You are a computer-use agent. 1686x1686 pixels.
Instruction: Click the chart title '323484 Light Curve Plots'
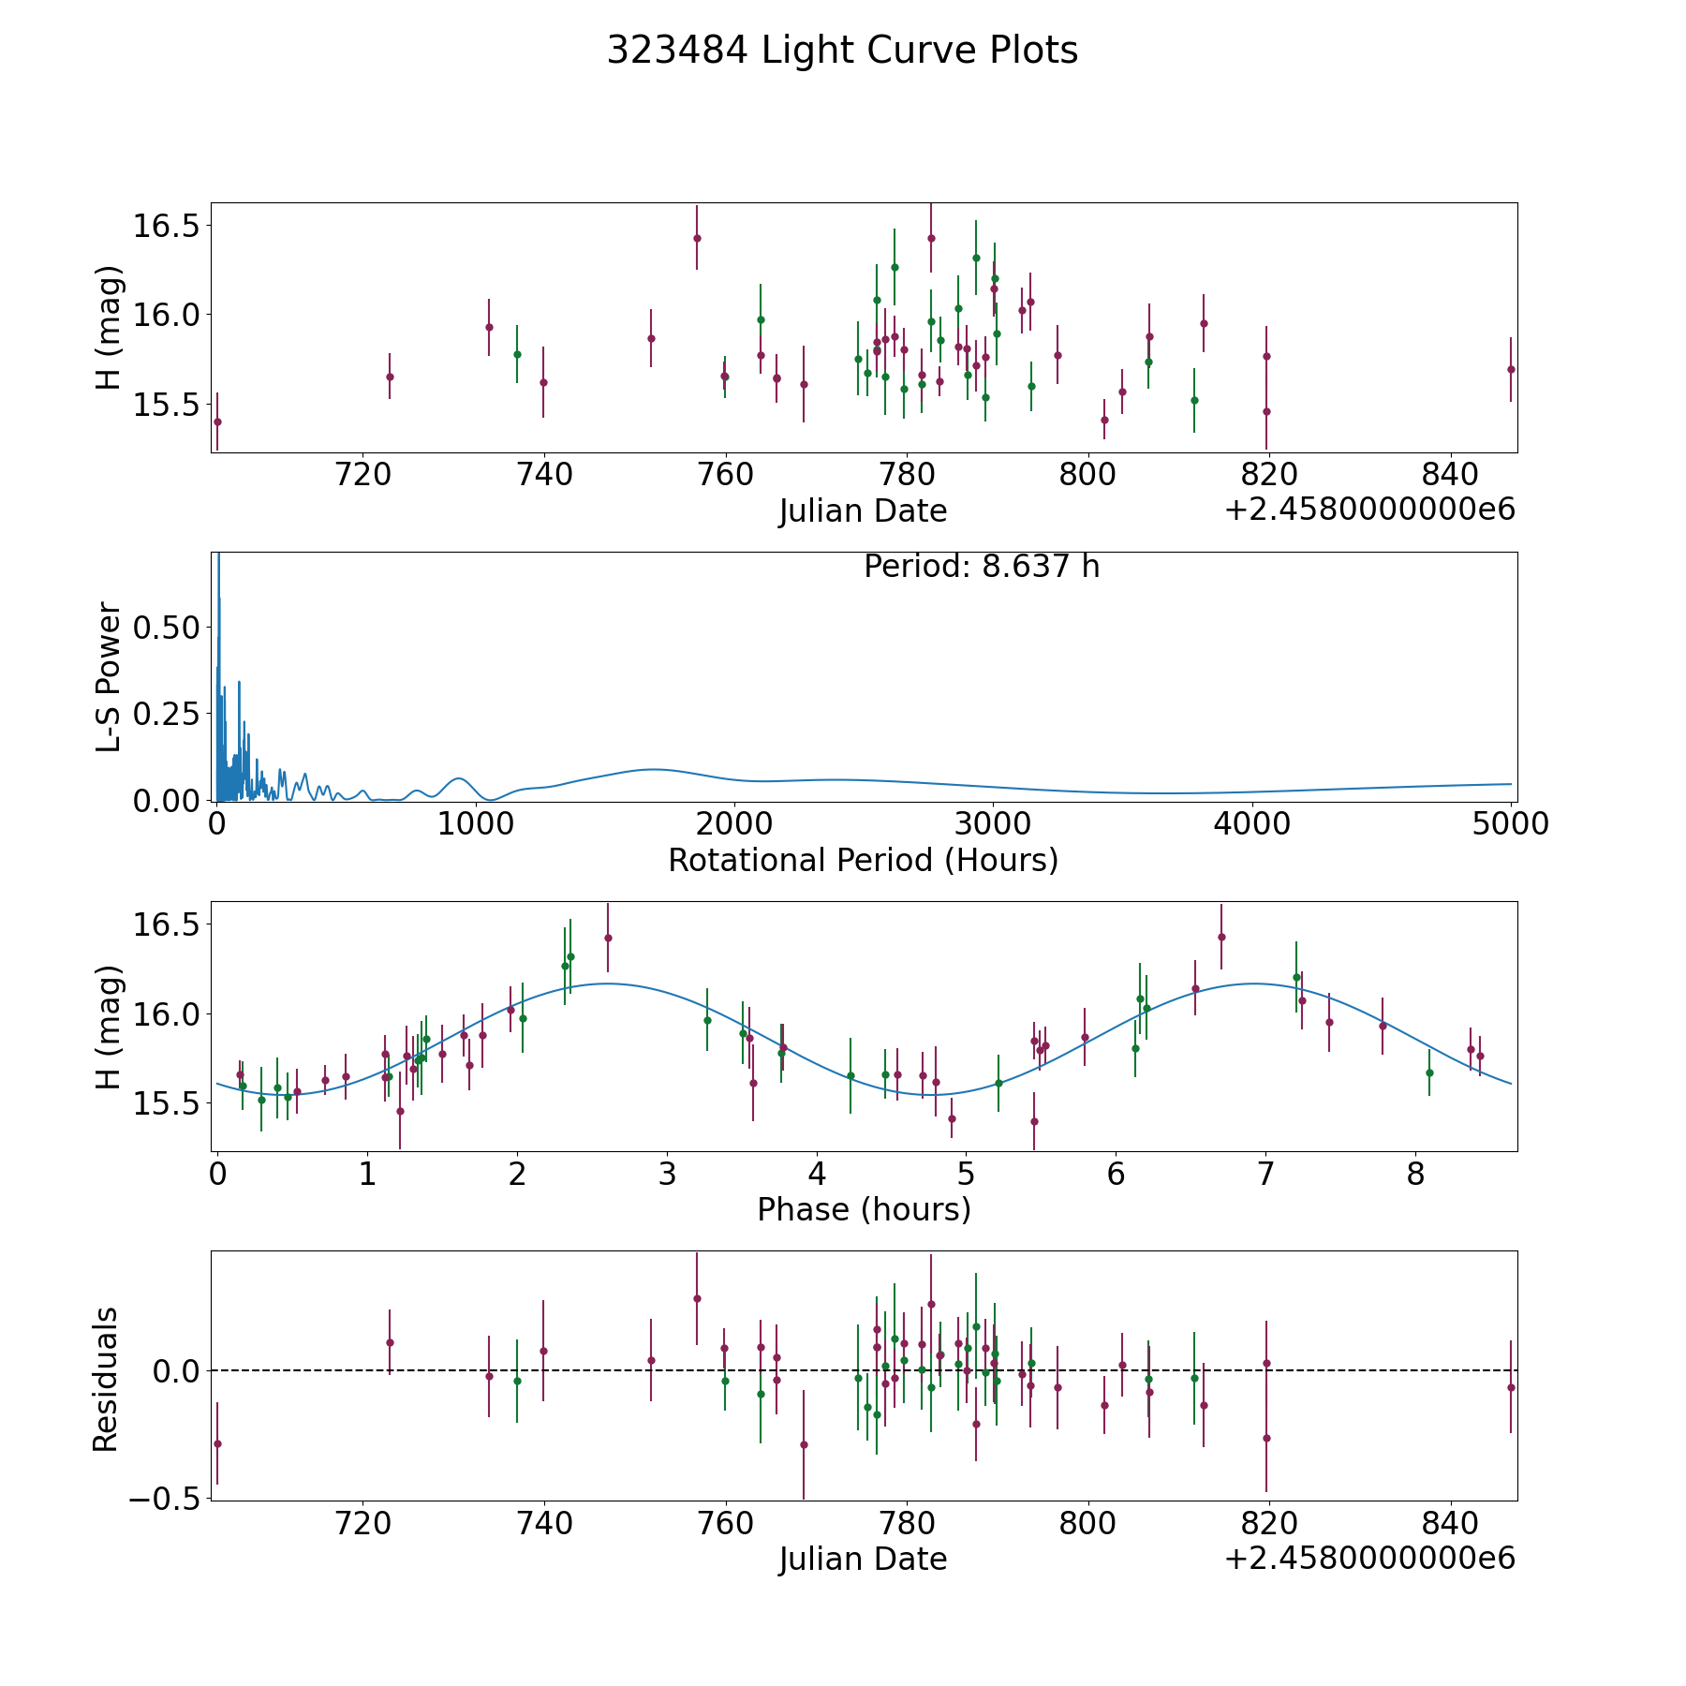pos(842,51)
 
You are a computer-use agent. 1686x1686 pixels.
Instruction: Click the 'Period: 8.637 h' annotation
pos(981,567)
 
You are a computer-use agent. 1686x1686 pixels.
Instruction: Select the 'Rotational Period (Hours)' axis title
pos(863,860)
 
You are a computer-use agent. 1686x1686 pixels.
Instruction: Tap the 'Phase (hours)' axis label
pos(863,1209)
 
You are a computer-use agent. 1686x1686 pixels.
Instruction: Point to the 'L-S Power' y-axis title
pos(109,676)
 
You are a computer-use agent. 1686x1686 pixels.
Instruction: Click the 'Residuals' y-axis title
pos(105,1379)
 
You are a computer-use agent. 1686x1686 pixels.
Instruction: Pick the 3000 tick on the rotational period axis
pos(992,824)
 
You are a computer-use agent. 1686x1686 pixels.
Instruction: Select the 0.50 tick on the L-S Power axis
pos(167,627)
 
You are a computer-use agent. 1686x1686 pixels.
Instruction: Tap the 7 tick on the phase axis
pos(1265,1174)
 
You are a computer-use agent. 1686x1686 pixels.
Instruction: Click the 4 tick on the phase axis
pos(817,1174)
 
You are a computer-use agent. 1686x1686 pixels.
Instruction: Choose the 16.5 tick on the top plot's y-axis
pos(165,226)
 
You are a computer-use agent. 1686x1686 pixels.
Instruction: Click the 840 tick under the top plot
pos(1449,475)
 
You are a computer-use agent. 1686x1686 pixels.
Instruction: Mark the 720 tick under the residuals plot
pos(362,1523)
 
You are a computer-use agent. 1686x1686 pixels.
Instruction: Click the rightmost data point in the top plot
pos(1510,369)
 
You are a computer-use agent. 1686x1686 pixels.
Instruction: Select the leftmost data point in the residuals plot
pos(217,1443)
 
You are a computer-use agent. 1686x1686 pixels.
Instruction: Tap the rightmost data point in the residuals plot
pos(1510,1387)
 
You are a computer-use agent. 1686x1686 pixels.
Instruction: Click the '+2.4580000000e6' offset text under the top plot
pos(1369,510)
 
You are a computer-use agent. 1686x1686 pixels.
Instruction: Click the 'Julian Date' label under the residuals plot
pos(863,1559)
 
